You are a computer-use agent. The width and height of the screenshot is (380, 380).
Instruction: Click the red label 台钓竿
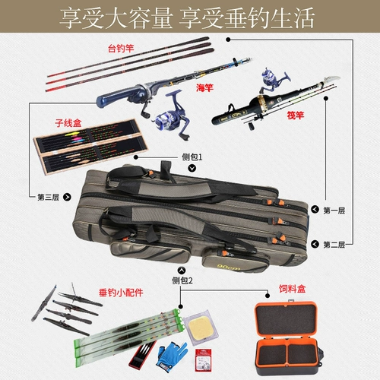point(121,48)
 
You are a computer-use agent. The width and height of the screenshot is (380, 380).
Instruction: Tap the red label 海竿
point(204,87)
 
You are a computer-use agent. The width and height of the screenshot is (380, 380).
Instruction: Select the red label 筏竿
point(296,116)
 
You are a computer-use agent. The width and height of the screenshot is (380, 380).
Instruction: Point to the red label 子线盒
point(68,123)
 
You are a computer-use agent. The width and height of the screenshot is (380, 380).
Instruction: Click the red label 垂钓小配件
point(121,293)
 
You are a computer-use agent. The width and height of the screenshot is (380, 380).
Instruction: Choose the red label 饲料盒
point(293,289)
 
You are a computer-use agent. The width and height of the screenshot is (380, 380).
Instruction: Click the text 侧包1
point(192,157)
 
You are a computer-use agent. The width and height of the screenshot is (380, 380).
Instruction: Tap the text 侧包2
point(182,280)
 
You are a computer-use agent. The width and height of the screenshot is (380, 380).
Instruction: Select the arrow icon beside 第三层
point(67,197)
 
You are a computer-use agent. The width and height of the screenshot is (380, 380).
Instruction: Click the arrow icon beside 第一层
point(315,210)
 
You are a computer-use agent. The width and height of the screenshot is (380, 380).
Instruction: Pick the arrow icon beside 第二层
point(315,244)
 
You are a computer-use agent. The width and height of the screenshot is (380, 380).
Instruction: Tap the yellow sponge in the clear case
point(201,328)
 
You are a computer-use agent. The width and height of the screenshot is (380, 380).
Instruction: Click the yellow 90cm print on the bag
point(229,267)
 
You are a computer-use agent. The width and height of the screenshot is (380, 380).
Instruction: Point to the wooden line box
point(90,146)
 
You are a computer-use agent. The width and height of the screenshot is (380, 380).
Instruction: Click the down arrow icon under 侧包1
point(192,168)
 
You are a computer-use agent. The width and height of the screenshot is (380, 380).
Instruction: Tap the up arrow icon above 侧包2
point(182,271)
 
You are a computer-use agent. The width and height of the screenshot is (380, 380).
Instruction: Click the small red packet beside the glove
point(203,360)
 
